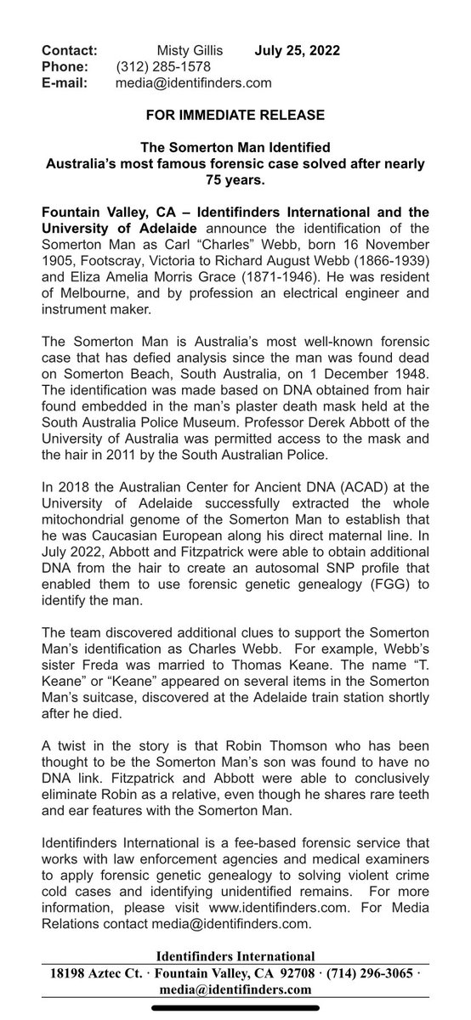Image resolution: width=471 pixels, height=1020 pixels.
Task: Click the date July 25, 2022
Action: (x=298, y=50)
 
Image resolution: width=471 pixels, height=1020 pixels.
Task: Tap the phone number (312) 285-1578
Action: (x=163, y=66)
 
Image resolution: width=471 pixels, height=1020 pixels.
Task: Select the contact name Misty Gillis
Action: (x=192, y=50)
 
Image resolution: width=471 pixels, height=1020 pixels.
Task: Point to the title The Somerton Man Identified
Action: (x=235, y=148)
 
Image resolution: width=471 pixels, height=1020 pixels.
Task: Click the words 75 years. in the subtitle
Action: (x=235, y=179)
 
